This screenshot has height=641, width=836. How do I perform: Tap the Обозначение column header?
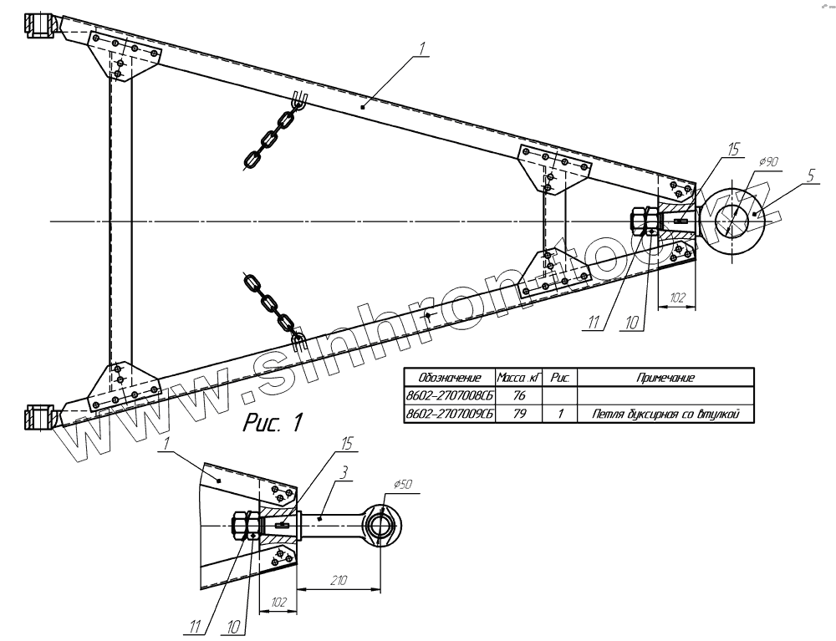pos(449,378)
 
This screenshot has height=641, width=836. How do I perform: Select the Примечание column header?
pos(665,378)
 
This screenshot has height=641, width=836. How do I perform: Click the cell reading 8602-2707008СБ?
pos(449,395)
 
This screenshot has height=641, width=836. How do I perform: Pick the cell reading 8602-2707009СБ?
pos(449,413)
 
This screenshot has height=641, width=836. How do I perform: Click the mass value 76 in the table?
pos(519,395)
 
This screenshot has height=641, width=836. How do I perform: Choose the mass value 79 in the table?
pos(519,413)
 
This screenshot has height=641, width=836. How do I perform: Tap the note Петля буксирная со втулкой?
pos(665,413)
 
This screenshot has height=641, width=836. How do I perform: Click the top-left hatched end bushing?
pos(40,25)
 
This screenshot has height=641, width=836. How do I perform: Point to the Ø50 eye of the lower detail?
pos(380,526)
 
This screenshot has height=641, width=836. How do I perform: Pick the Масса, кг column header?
pos(519,378)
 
